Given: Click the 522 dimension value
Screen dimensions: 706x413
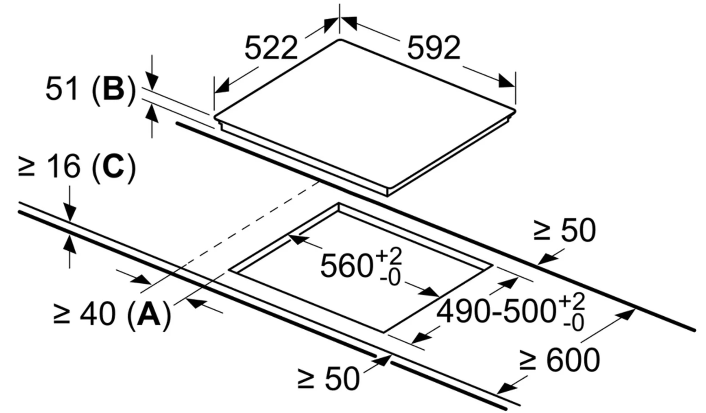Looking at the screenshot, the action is click(271, 48).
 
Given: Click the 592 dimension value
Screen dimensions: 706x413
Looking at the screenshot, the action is click(434, 48).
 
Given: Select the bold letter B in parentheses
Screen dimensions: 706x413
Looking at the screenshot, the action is click(113, 89).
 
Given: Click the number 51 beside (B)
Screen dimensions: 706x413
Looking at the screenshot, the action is click(62, 89).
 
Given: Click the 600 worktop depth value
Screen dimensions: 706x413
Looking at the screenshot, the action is click(573, 360).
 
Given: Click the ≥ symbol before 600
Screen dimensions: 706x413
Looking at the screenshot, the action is click(528, 361).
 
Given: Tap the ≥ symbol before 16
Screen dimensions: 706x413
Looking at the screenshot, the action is click(26, 167).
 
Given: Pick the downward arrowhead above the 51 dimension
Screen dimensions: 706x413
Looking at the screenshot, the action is click(152, 82).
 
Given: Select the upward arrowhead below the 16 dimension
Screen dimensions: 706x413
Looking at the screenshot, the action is click(70, 245).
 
